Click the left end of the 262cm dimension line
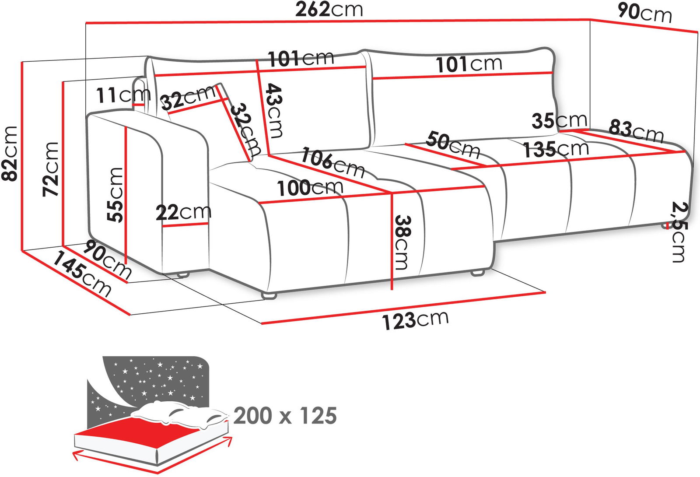pos(86,23)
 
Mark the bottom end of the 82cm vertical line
pos(22,251)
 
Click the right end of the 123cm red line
pos(545,293)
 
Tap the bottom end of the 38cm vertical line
pos(392,289)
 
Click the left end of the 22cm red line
pos(163,226)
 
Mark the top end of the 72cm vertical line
pos(63,82)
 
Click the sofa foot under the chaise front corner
pos(269,295)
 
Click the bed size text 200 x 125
pos(285,416)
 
